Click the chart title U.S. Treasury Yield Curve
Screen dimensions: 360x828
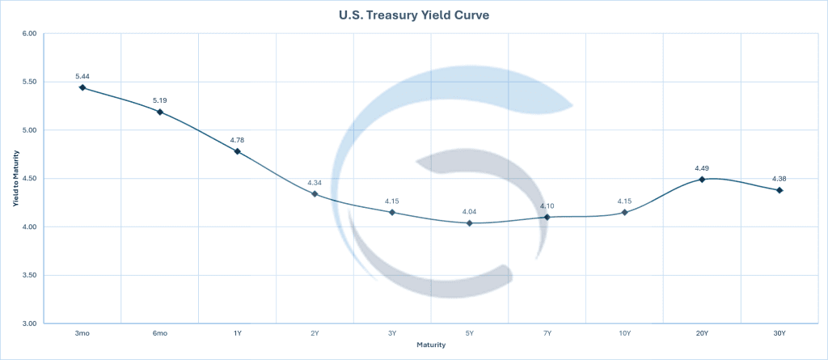[x=414, y=15]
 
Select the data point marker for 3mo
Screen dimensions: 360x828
[x=82, y=87]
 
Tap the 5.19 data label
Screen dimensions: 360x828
[x=160, y=100]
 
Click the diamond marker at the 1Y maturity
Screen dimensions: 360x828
[x=238, y=151]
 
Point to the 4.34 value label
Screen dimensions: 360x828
[x=315, y=183]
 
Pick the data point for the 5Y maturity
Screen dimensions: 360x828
[x=470, y=222]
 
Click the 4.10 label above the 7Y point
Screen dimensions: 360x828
[x=547, y=206]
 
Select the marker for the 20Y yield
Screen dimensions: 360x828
[x=702, y=179]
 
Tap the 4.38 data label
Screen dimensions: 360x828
[x=779, y=180]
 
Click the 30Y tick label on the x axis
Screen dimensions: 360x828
[x=779, y=332]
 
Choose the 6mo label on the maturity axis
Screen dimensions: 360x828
[x=160, y=332]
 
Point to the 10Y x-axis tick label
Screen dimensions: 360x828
[x=624, y=332]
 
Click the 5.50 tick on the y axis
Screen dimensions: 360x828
[x=30, y=82]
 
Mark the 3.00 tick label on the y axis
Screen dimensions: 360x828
[x=30, y=324]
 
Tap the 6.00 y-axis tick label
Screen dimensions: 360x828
[x=30, y=34]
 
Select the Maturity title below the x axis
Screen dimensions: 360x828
[x=431, y=345]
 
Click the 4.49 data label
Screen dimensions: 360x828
[x=702, y=168]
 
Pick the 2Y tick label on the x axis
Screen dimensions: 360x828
[x=315, y=332]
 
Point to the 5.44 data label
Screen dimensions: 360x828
[x=82, y=75]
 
